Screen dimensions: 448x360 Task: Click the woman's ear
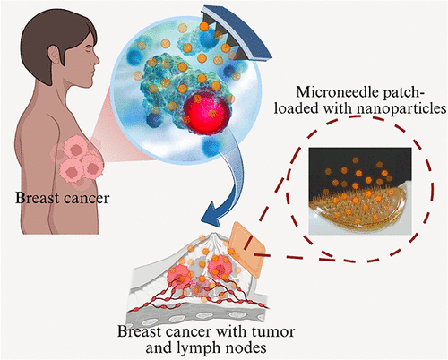pos(55,56)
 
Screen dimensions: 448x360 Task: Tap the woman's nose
pos(96,59)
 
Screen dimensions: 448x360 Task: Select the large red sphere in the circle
pos(208,113)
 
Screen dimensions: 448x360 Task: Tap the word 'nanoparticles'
pos(400,108)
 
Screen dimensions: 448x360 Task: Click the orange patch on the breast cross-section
pos(246,250)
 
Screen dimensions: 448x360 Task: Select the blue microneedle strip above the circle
pos(236,33)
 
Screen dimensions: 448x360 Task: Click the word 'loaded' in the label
pos(296,108)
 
